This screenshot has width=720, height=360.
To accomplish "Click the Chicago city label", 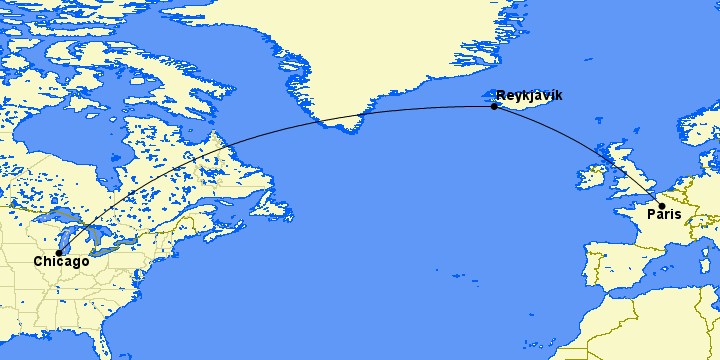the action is pos(62,262).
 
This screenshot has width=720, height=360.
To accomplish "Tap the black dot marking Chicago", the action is pos(60,252).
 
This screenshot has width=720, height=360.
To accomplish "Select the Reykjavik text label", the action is pos(529,95).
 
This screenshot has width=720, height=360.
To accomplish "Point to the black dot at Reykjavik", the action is pos(494,106).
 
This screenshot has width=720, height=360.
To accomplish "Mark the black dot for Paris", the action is pos(662,206).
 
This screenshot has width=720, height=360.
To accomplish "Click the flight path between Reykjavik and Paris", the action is pos(590,150).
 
